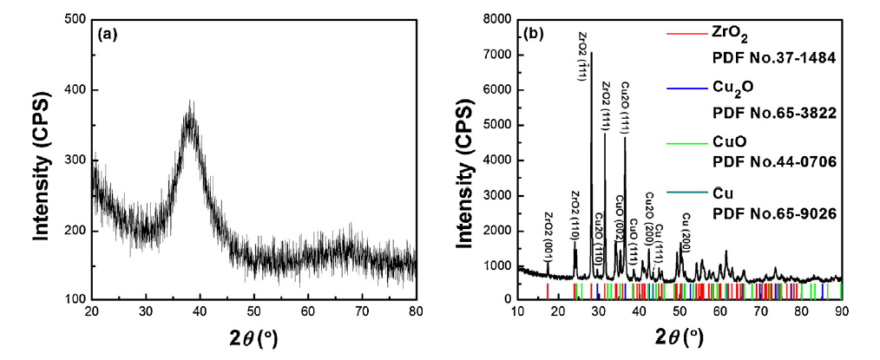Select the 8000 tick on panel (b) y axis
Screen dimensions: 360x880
495,20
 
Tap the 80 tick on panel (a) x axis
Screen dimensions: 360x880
417,313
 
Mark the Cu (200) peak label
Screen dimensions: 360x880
686,227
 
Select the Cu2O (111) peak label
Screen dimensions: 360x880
625,106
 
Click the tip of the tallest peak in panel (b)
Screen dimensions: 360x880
592,53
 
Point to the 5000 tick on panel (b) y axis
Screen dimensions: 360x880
495,125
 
